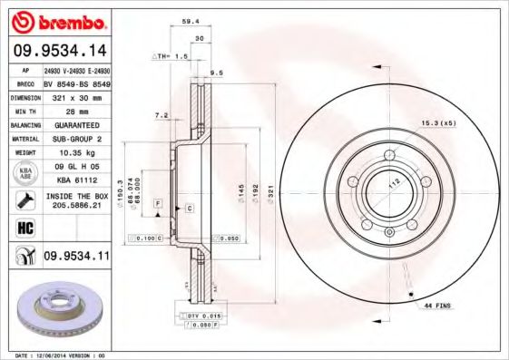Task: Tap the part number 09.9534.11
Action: (76, 258)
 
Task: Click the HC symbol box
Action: (24, 228)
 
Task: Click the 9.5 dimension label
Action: (217, 73)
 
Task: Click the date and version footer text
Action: (55, 355)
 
